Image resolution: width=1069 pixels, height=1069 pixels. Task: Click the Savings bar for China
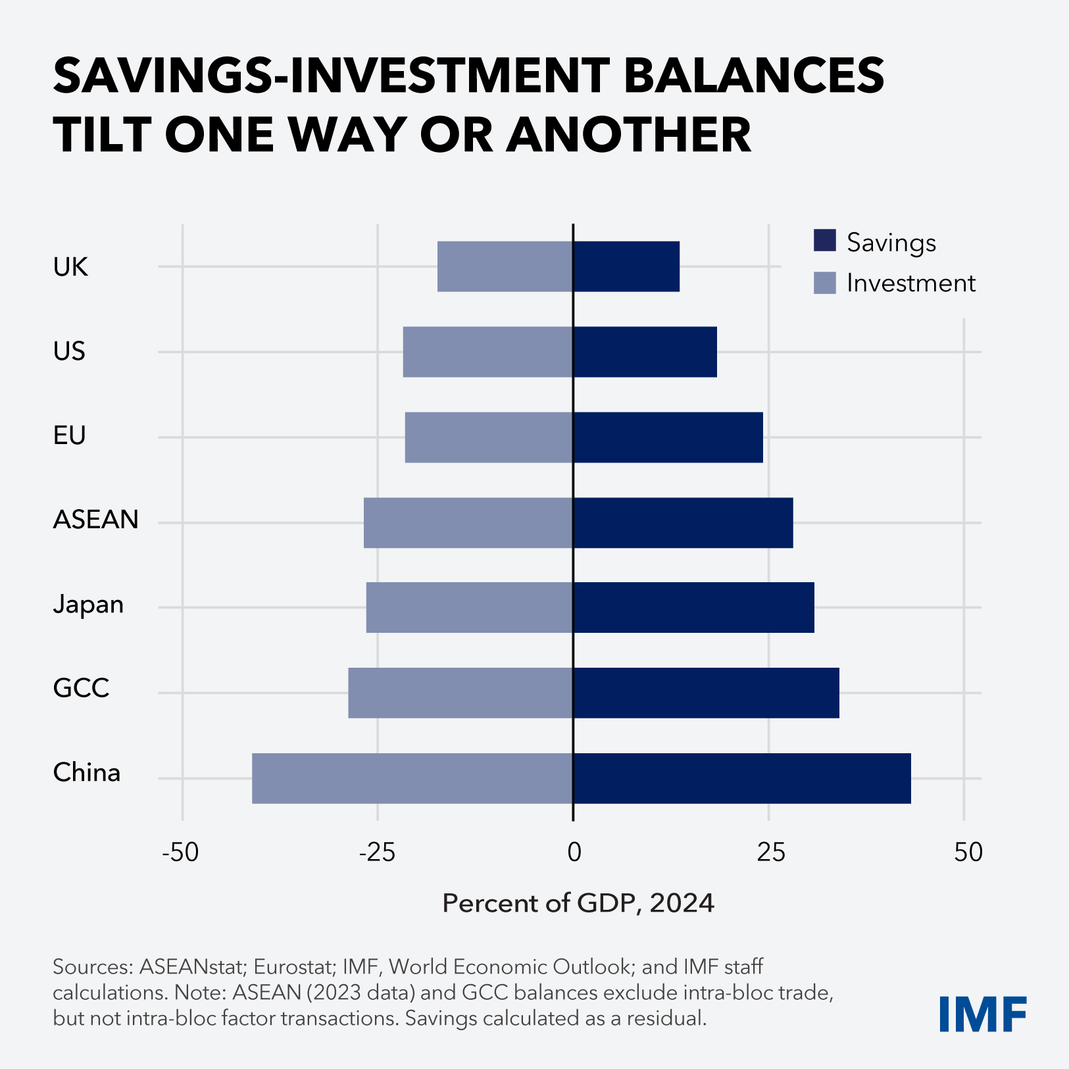pyautogui.click(x=742, y=778)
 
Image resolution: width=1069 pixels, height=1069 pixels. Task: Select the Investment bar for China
pyautogui.click(x=412, y=778)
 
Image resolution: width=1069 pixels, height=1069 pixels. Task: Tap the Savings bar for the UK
pyautogui.click(x=626, y=266)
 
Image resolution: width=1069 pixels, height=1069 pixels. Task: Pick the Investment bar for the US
pyautogui.click(x=488, y=352)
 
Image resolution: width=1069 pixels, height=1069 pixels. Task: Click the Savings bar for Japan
pyautogui.click(x=693, y=607)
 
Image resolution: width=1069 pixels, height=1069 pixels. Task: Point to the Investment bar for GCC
pyautogui.click(x=460, y=693)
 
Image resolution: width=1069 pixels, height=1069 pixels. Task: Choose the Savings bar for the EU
pyautogui.click(x=668, y=437)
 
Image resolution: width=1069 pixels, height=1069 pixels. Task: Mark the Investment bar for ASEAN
pyautogui.click(x=468, y=523)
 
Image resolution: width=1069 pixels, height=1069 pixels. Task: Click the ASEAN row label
pyautogui.click(x=96, y=520)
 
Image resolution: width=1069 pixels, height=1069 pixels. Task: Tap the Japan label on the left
pyautogui.click(x=88, y=604)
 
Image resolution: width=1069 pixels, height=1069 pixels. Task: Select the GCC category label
pyautogui.click(x=81, y=688)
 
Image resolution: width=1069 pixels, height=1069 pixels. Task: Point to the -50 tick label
pyautogui.click(x=180, y=853)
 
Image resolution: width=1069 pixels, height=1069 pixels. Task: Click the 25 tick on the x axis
pyautogui.click(x=771, y=853)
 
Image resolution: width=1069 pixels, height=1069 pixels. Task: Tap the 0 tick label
pyautogui.click(x=574, y=853)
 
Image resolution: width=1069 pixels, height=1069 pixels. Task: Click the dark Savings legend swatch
pyautogui.click(x=825, y=241)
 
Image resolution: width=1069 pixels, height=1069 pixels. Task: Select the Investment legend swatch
pyautogui.click(x=825, y=283)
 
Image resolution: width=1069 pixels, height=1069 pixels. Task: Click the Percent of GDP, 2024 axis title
pyautogui.click(x=578, y=903)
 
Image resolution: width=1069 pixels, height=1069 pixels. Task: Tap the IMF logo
pyautogui.click(x=983, y=1014)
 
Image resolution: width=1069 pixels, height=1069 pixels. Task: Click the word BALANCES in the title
pyautogui.click(x=753, y=75)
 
